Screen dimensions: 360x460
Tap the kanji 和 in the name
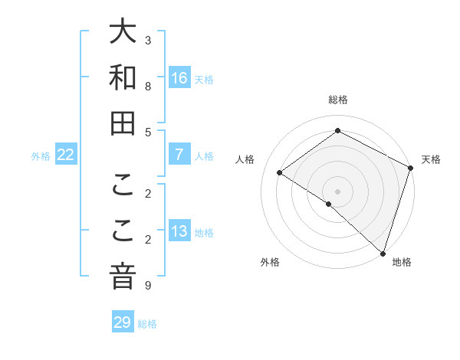click(123, 78)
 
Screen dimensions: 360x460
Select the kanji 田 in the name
click(123, 123)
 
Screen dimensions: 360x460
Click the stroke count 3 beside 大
click(148, 40)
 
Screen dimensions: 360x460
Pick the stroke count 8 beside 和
click(148, 87)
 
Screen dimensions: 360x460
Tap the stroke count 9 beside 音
click(148, 286)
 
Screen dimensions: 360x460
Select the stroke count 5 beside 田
click(148, 132)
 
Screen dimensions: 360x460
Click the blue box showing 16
click(179, 78)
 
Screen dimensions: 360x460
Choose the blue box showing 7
click(179, 155)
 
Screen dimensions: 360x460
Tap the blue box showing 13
click(179, 231)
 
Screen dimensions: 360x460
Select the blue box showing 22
click(66, 155)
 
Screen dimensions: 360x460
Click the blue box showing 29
click(123, 322)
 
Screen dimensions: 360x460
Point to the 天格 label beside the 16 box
click(204, 79)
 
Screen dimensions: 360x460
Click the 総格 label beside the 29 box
click(147, 324)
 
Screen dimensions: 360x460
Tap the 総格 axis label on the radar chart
click(338, 100)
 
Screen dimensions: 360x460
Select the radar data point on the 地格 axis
click(383, 253)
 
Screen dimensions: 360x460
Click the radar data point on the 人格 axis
click(280, 172)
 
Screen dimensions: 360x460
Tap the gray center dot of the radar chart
click(338, 191)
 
